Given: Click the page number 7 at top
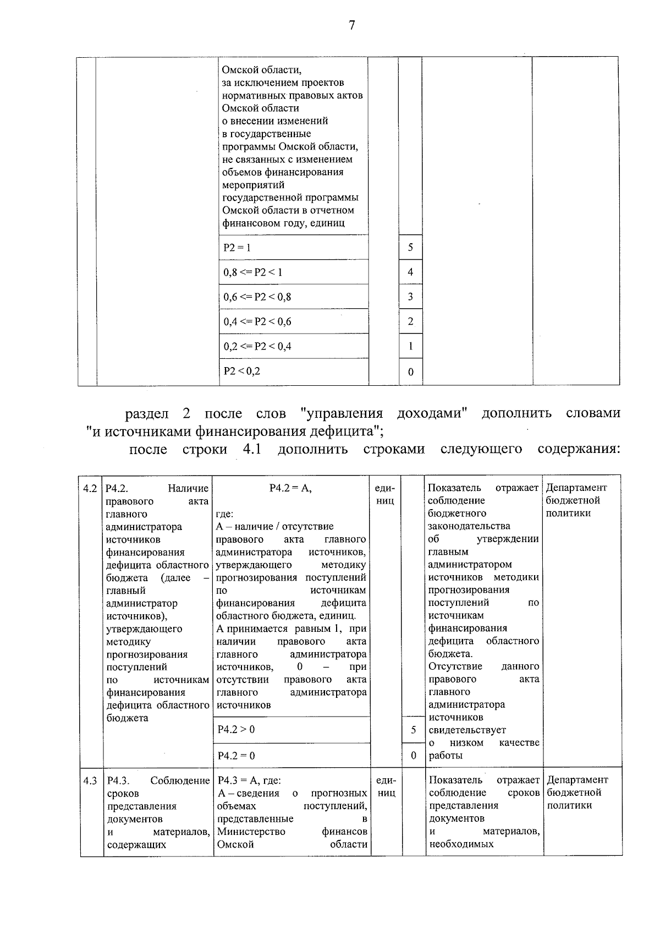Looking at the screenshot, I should pos(352,26).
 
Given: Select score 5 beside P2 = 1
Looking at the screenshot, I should pos(410,248).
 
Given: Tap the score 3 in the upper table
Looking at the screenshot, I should pos(410,297).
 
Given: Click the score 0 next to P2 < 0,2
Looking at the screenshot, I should pos(410,372).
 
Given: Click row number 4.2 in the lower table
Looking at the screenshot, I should pos(90,488).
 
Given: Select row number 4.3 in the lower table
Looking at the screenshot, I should pos(90,780).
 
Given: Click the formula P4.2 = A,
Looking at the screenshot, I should pos(290,488).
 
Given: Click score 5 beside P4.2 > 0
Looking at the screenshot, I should pos(414,730).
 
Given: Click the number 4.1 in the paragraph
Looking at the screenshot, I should pos(251,449).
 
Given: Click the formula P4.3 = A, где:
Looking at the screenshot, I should pos(249,780).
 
